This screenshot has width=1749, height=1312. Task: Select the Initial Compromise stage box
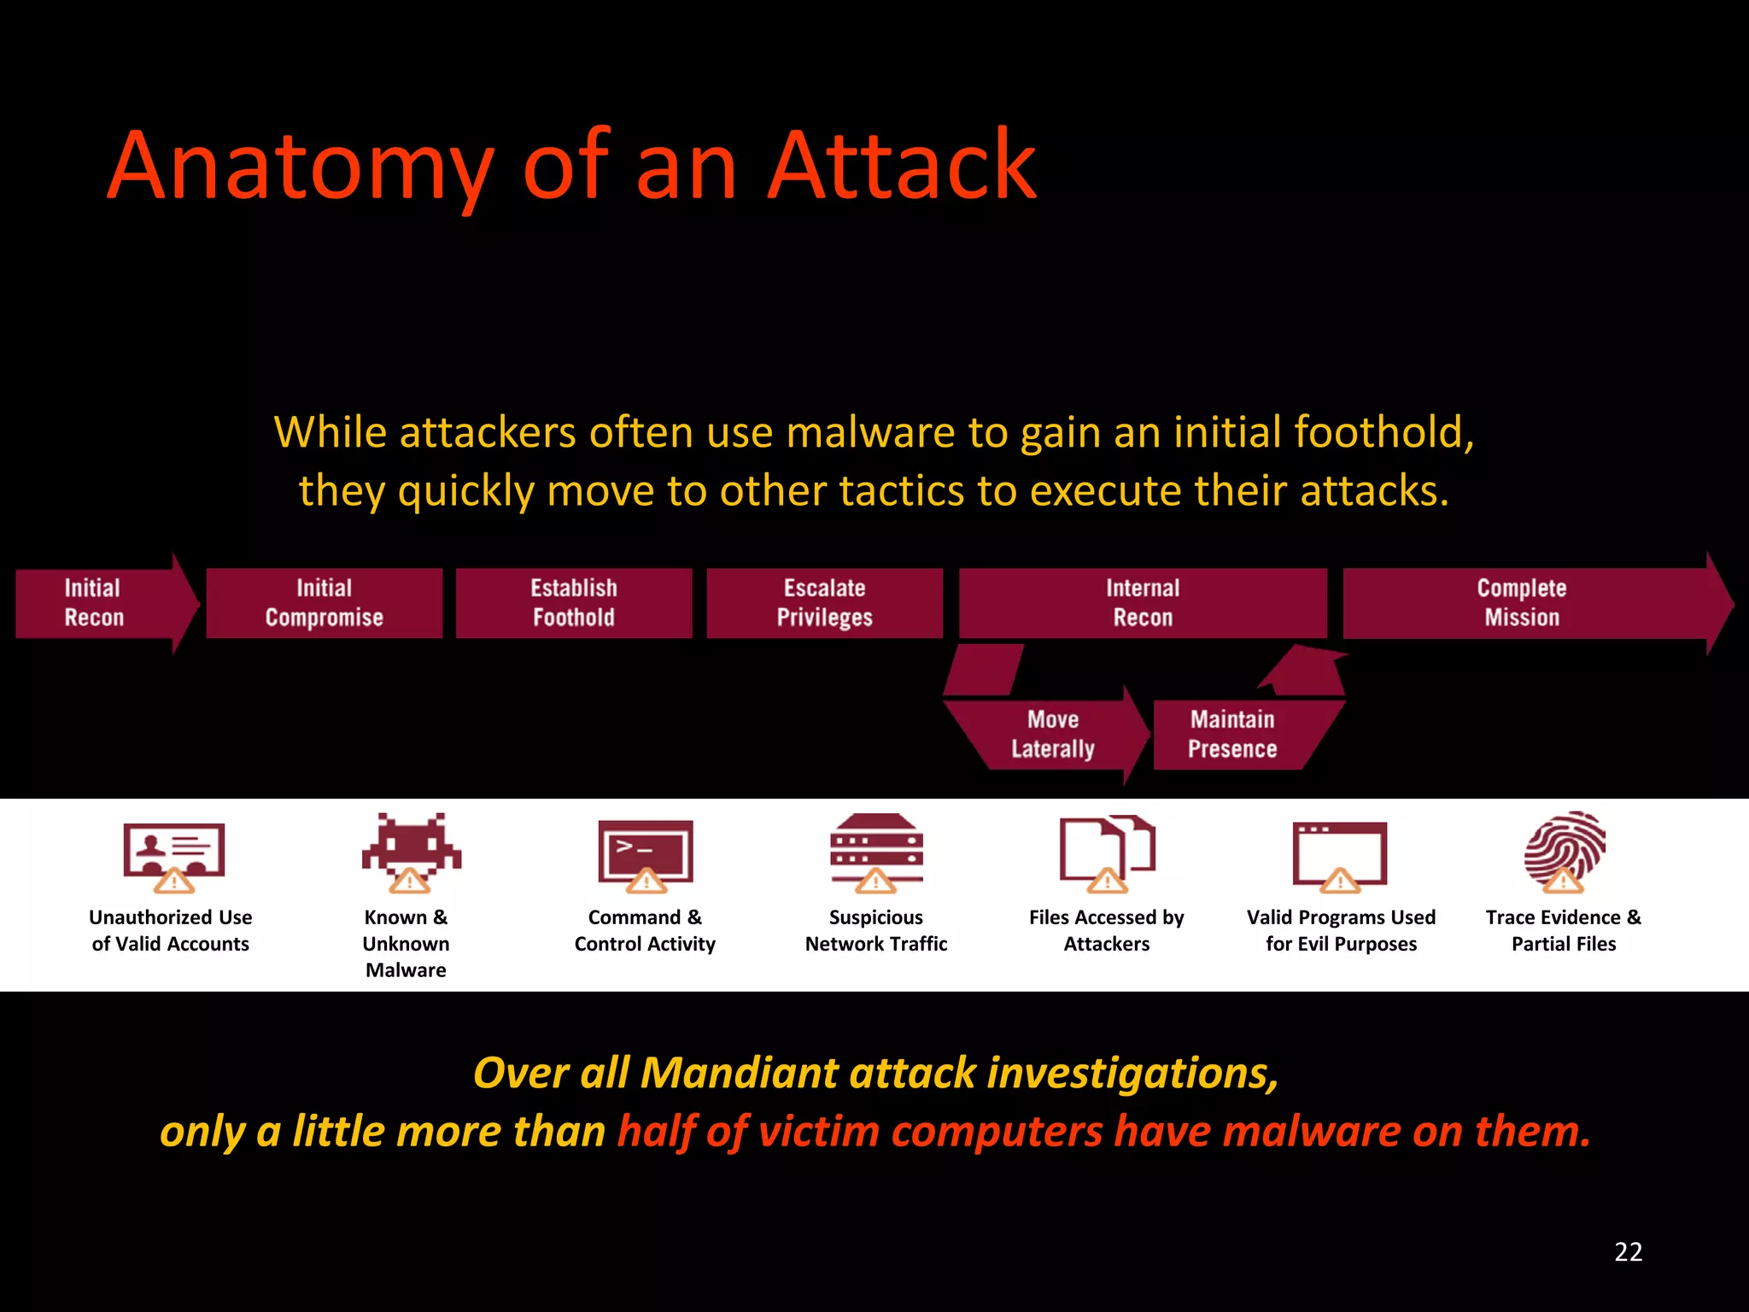(325, 603)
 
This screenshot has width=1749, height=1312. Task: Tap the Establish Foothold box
(574, 603)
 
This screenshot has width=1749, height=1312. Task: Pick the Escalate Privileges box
(825, 603)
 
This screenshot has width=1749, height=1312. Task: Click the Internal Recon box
(1143, 603)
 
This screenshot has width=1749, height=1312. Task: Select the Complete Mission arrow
(1522, 603)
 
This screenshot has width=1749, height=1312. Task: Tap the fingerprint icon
(1565, 851)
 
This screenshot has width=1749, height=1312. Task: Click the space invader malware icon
(412, 851)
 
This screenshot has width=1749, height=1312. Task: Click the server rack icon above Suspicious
(876, 851)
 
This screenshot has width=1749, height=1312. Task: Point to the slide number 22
(1629, 1252)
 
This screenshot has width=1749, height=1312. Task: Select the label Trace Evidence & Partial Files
(1564, 930)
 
